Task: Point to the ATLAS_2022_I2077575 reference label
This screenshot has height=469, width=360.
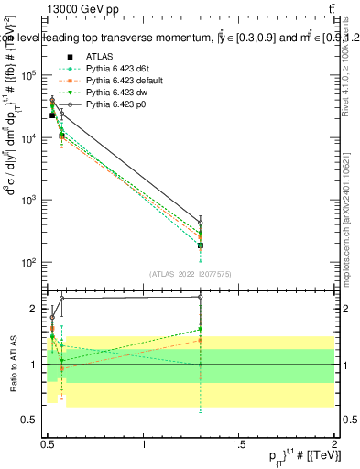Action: coord(191,274)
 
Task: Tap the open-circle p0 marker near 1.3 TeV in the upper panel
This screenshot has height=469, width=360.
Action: coord(201,223)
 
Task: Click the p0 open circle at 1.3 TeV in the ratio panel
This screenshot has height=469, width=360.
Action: coord(201,297)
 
